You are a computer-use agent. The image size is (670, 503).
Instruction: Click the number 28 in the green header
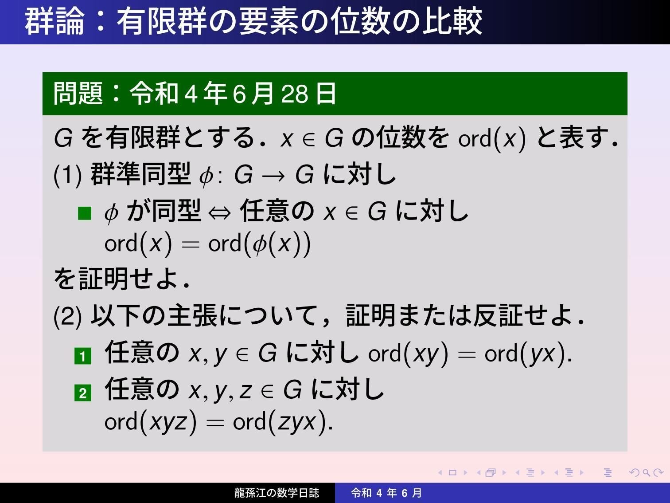(294, 94)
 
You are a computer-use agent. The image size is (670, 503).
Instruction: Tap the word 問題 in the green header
(78, 94)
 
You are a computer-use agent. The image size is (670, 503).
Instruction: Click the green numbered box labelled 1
(83, 356)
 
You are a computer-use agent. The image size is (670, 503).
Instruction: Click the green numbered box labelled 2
(83, 393)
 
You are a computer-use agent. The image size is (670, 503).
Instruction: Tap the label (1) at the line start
(67, 175)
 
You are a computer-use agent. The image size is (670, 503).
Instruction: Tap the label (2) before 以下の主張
(67, 317)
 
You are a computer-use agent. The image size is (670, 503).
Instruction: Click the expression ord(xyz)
(150, 421)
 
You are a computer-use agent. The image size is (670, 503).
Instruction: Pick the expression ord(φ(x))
(259, 244)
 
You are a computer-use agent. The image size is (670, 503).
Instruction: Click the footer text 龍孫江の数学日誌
(277, 493)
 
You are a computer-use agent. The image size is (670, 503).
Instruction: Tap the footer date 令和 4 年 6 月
(386, 493)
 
